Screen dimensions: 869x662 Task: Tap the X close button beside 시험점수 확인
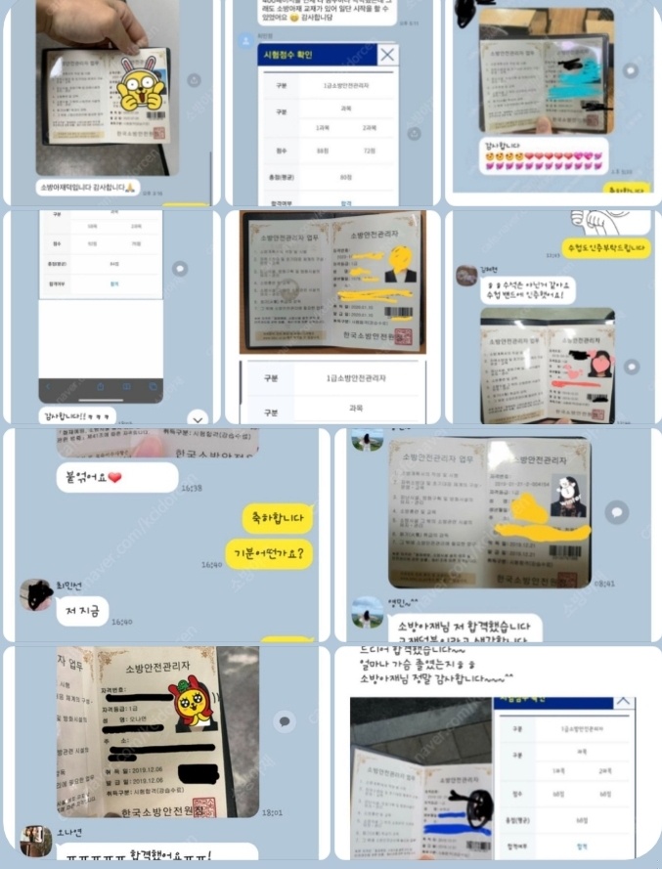pos(387,55)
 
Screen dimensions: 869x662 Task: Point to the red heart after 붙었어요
pos(114,477)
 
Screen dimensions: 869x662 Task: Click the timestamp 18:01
pos(274,811)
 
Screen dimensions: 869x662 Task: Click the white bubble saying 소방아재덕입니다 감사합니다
pos(88,187)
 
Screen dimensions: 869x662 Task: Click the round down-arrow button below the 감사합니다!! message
pos(197,417)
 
